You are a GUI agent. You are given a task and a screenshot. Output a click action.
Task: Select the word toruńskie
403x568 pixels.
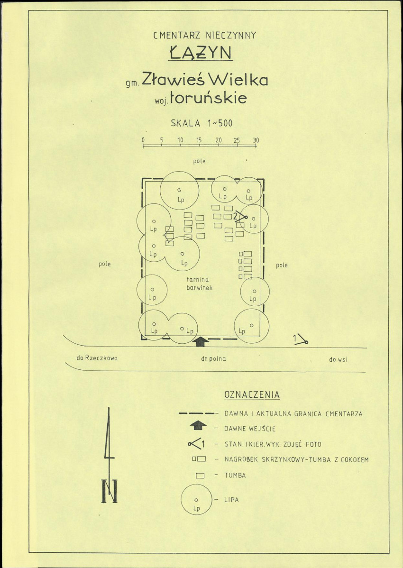pyautogui.click(x=209, y=98)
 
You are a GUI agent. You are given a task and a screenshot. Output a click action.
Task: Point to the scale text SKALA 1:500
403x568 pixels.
pyautogui.click(x=201, y=123)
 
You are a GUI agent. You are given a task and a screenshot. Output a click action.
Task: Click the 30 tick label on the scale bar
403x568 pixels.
pyautogui.click(x=256, y=140)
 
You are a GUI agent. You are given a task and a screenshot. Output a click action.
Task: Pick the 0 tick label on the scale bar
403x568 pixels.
pyautogui.click(x=143, y=140)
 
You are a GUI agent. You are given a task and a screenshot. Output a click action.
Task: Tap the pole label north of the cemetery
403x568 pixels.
pyautogui.click(x=199, y=161)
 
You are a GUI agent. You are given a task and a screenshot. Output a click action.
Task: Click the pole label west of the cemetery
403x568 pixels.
pyautogui.click(x=105, y=265)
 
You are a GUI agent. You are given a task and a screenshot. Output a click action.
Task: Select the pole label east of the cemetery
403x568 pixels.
pyautogui.click(x=282, y=265)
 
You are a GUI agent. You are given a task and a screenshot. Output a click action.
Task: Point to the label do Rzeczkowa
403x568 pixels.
pyautogui.click(x=97, y=358)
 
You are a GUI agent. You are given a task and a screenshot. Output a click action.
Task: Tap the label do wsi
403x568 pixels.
pyautogui.click(x=338, y=360)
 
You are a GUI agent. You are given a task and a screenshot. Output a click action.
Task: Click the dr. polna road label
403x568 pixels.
pyautogui.click(x=213, y=359)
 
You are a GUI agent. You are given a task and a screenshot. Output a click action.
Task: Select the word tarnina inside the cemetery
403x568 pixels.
pyautogui.click(x=197, y=280)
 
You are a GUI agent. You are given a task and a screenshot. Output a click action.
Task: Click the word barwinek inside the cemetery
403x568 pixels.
pyautogui.click(x=199, y=288)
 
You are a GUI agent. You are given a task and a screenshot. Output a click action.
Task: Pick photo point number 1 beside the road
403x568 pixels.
pyautogui.click(x=301, y=339)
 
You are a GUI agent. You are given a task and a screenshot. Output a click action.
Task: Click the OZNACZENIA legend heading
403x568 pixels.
pyautogui.click(x=252, y=395)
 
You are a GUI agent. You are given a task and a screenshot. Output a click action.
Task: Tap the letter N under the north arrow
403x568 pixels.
pyautogui.click(x=110, y=491)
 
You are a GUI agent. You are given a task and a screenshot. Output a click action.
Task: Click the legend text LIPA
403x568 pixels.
pyautogui.click(x=232, y=500)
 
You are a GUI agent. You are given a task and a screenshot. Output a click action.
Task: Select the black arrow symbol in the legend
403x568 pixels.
pyautogui.click(x=198, y=426)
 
